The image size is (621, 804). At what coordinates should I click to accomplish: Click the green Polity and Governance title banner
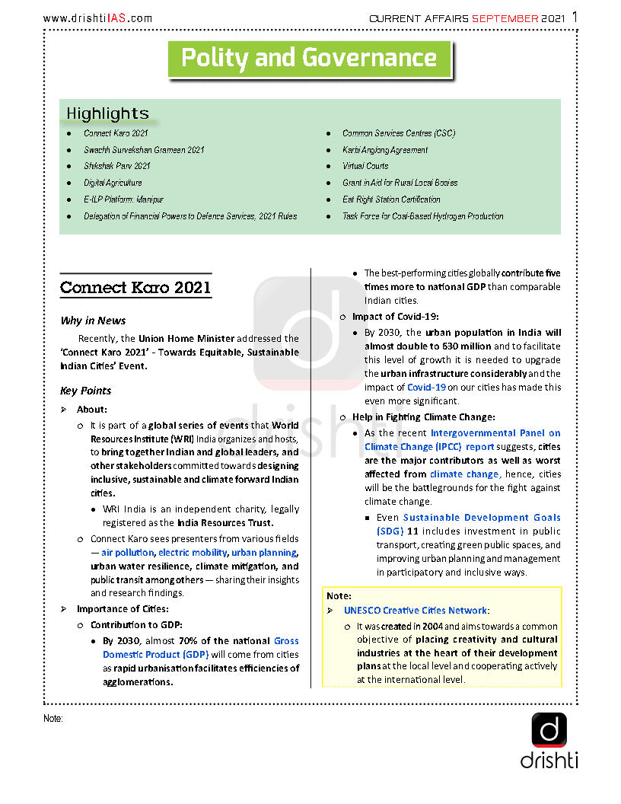click(309, 59)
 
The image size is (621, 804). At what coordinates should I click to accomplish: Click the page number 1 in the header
click(574, 17)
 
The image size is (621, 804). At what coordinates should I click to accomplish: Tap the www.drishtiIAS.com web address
click(97, 18)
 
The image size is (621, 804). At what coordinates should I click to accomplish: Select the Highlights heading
click(107, 113)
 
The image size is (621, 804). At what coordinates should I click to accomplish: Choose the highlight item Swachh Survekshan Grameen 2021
click(144, 150)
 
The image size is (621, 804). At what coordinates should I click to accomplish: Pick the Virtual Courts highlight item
click(365, 166)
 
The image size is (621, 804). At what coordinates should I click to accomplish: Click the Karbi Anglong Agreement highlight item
click(385, 150)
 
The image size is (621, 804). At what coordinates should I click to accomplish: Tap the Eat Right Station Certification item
click(391, 199)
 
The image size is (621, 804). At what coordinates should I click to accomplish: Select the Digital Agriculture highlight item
click(113, 183)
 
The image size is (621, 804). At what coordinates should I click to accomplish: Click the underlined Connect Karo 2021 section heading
click(135, 288)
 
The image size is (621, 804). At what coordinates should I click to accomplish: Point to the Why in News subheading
click(93, 321)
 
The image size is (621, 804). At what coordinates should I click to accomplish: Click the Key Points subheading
click(85, 391)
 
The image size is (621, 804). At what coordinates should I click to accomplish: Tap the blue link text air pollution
click(127, 553)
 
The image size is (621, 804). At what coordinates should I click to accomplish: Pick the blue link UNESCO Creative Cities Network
click(416, 611)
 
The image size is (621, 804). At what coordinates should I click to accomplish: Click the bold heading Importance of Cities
click(123, 608)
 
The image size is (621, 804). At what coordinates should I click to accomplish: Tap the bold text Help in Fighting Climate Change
click(423, 416)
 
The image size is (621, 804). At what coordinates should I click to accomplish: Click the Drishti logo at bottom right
click(549, 740)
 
